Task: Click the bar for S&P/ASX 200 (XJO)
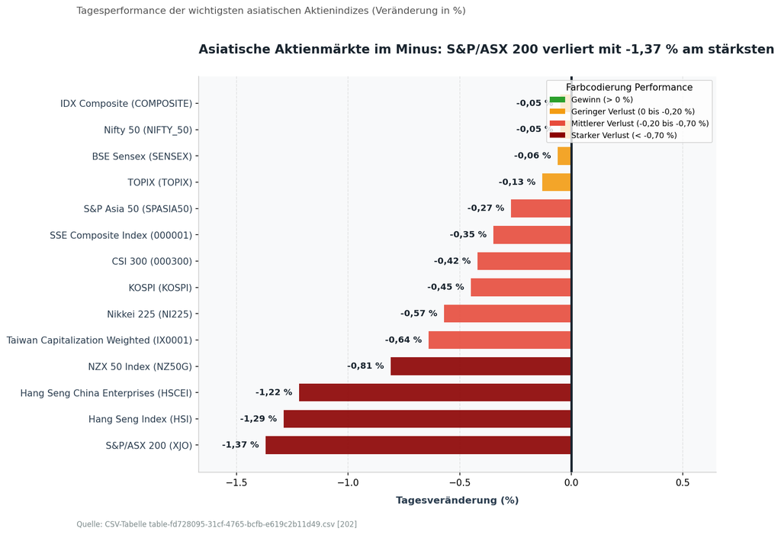coord(419,445)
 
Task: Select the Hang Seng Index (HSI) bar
coord(427,419)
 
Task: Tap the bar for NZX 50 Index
coord(480,366)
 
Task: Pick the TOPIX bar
coord(557,182)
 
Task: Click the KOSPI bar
coord(521,288)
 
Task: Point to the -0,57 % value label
coord(419,314)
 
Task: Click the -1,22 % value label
coord(274,392)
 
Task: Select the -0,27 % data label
coord(486,208)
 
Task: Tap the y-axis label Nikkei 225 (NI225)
coord(149,314)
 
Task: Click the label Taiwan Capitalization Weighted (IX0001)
coord(99,340)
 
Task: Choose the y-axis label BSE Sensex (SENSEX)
coord(142,156)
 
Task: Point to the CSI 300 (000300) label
coord(152,261)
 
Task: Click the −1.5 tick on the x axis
coord(236,482)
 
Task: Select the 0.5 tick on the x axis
coord(683,482)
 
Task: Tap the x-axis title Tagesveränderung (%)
coord(458,500)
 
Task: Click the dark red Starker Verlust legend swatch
coord(558,135)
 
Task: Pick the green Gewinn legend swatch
coord(558,100)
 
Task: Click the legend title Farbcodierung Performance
coord(629,87)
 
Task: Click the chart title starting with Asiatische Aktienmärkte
coord(486,50)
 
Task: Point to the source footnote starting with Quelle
coord(217,524)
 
